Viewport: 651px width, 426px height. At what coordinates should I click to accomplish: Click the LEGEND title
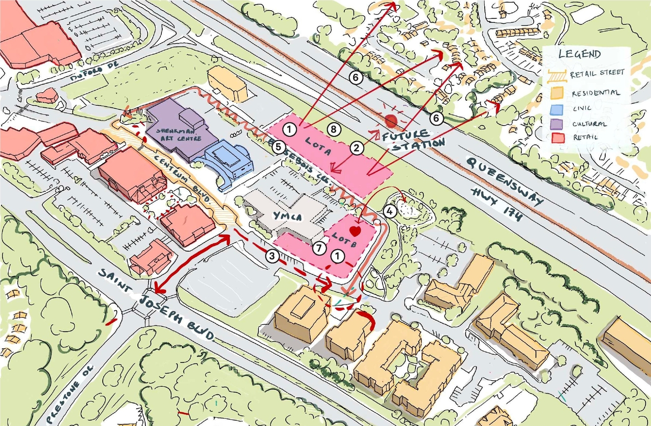tap(579, 54)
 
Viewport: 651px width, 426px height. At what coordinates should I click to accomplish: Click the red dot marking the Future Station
tap(391, 121)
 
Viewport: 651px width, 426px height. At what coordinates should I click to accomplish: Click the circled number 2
tap(357, 148)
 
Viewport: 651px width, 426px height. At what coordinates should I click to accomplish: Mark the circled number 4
tap(390, 211)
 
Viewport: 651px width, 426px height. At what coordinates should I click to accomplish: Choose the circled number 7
tap(318, 249)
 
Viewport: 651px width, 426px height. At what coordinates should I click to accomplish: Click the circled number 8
tap(334, 130)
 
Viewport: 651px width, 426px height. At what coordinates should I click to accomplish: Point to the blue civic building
tap(229, 161)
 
